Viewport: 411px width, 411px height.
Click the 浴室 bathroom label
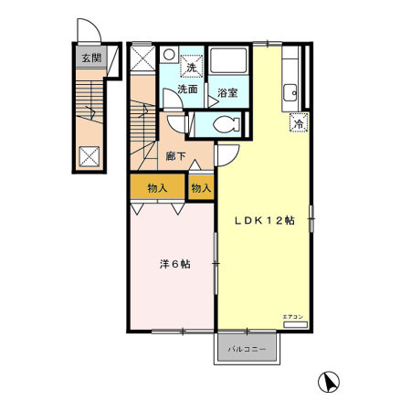coord(227,91)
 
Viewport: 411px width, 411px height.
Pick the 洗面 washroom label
coord(187,90)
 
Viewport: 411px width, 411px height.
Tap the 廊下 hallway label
coord(176,155)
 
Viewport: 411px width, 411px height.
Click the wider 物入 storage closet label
coord(157,188)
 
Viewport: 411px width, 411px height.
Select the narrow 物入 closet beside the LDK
coord(201,188)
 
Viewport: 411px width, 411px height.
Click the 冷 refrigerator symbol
coord(298,124)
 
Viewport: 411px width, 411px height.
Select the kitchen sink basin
coord(290,90)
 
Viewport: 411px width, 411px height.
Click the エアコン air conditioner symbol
coord(295,323)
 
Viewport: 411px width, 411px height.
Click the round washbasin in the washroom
coord(168,55)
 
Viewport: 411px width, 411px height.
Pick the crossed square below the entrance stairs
coord(91,154)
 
